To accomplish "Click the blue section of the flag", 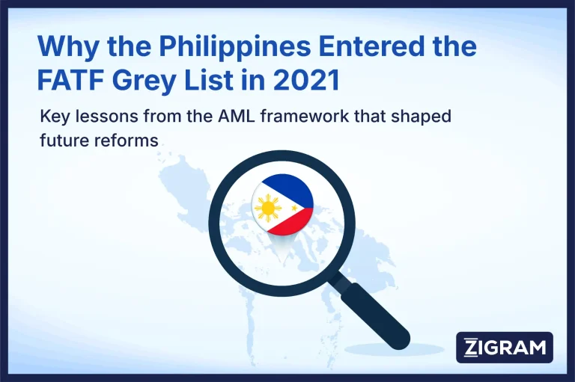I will tap(289, 188).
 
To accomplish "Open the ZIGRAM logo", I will tap(504, 348).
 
